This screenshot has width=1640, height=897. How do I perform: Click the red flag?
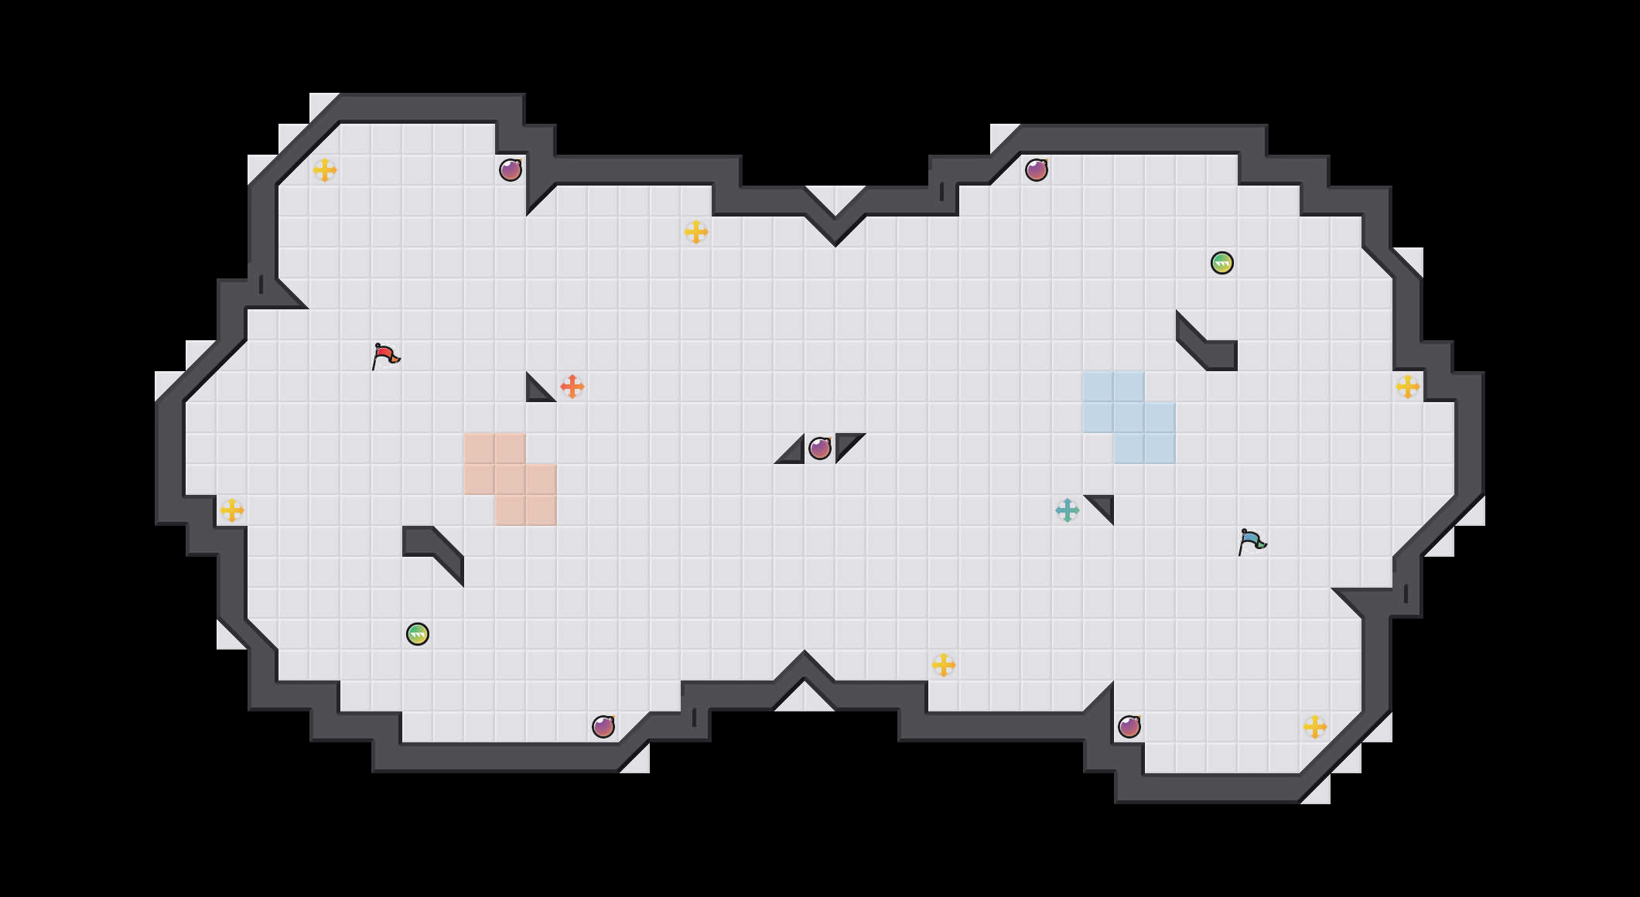384,356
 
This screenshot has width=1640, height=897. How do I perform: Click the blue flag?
1251,541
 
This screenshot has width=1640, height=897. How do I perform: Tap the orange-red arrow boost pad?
572,387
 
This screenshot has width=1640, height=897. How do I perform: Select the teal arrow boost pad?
1068,510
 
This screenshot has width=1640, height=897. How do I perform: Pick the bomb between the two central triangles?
820,448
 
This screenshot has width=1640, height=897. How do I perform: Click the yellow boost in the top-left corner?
325,170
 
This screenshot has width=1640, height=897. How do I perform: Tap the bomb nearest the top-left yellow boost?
511,170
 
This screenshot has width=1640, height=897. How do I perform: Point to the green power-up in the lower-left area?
418,634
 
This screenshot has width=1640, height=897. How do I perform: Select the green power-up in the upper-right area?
1222,263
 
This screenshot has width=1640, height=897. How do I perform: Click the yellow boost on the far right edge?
1408,387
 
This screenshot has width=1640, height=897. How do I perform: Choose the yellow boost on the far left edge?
232,510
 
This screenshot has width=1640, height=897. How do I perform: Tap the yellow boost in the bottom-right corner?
1315,727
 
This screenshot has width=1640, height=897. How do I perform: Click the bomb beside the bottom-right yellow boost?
1129,727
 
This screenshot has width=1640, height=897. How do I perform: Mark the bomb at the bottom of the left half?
603,727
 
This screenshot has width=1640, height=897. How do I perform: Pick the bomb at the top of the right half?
1037,170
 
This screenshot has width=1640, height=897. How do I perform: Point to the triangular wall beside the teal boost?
1104,505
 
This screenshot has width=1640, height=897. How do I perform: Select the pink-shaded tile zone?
511,479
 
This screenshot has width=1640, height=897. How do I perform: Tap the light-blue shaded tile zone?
1129,418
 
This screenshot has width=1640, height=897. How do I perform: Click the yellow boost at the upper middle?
696,232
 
